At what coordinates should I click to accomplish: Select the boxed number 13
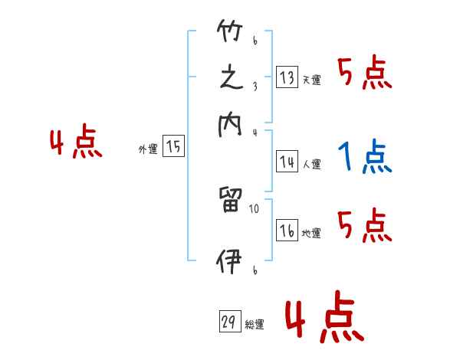click(x=287, y=77)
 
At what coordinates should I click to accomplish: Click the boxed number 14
click(x=287, y=162)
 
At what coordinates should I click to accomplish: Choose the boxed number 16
click(x=287, y=231)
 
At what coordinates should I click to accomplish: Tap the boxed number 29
click(x=228, y=322)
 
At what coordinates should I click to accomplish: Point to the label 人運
click(x=311, y=164)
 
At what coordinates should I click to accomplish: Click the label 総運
click(x=254, y=325)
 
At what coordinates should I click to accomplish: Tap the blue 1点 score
click(x=365, y=157)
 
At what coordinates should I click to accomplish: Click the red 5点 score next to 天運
click(x=365, y=74)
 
